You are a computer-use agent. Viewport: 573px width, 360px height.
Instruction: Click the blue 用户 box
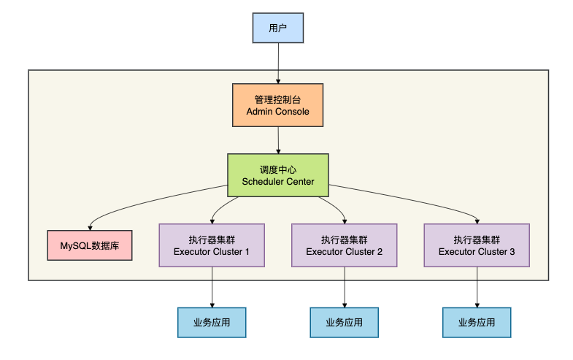click(277, 28)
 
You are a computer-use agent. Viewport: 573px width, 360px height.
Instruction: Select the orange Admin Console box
click(277, 105)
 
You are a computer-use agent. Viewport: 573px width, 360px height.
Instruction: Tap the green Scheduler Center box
click(277, 175)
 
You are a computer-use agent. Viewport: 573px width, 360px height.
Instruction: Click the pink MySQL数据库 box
click(90, 246)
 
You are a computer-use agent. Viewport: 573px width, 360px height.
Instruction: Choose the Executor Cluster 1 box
click(212, 245)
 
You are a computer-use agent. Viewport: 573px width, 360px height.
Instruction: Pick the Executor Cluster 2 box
click(344, 245)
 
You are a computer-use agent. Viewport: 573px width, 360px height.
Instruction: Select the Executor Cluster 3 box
click(477, 245)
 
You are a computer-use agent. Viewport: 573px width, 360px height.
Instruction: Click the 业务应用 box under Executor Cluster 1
click(212, 322)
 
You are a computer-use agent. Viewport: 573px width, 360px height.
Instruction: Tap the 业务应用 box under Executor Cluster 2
click(344, 322)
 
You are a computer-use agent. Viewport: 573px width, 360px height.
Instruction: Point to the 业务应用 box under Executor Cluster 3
click(477, 322)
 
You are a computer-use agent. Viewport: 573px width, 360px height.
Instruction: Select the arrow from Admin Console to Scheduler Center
click(277, 139)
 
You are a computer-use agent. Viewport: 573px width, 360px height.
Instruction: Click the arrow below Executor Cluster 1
click(212, 286)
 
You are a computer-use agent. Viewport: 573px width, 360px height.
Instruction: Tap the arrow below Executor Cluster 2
click(344, 286)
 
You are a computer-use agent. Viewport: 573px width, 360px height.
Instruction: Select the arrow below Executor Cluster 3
click(477, 286)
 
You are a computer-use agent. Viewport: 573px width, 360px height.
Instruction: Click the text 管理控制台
click(277, 99)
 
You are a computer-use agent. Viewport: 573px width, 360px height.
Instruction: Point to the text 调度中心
click(277, 169)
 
